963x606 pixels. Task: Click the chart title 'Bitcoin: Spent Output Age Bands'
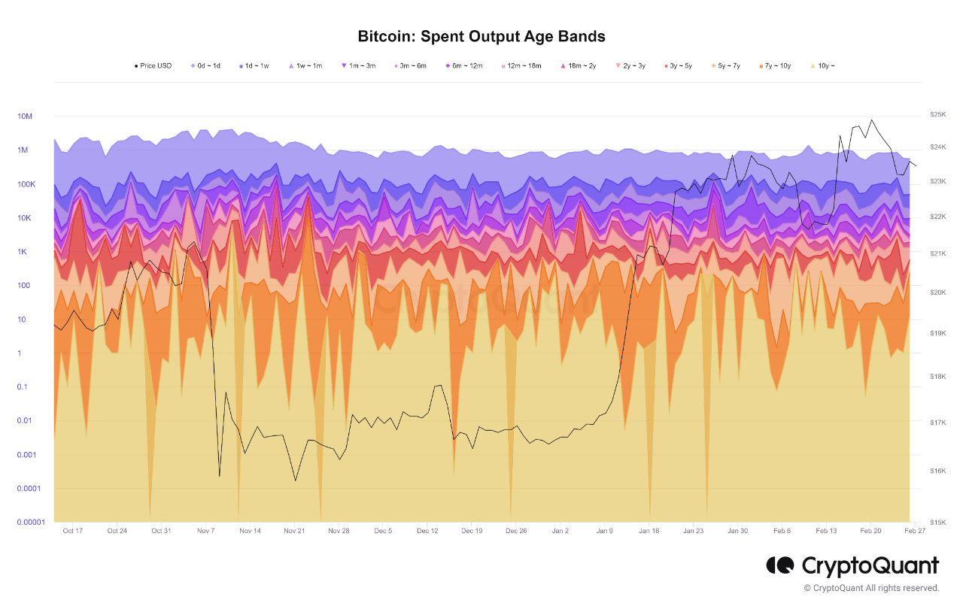click(481, 36)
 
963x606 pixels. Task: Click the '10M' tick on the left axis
click(25, 117)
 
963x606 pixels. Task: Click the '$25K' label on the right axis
click(937, 114)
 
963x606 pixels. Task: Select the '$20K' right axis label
click(937, 292)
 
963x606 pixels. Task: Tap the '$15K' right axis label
click(937, 522)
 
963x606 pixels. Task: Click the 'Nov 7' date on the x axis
click(205, 531)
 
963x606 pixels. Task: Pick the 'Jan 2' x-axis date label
click(560, 531)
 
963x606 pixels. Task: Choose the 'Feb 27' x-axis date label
click(914, 531)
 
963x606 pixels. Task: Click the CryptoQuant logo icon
click(780, 565)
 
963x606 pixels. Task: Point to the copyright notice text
click(871, 588)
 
